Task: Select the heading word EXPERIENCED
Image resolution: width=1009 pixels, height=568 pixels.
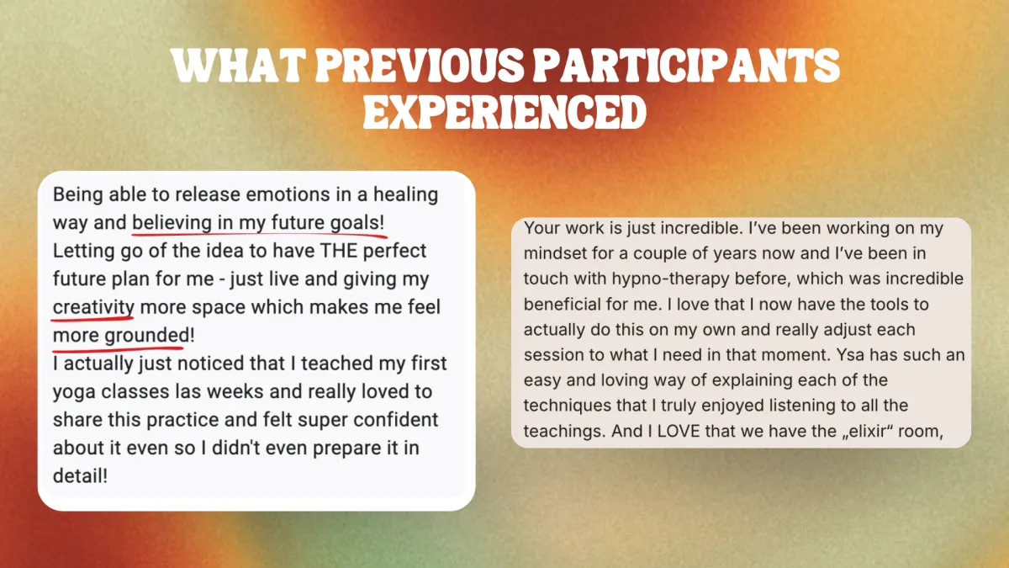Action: (x=504, y=112)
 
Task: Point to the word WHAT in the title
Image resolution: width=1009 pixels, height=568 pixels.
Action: (x=238, y=66)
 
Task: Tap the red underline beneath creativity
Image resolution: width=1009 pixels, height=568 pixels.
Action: (x=92, y=319)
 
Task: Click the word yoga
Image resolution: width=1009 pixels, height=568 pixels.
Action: (x=74, y=393)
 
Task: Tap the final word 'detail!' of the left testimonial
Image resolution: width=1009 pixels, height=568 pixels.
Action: (x=80, y=476)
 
